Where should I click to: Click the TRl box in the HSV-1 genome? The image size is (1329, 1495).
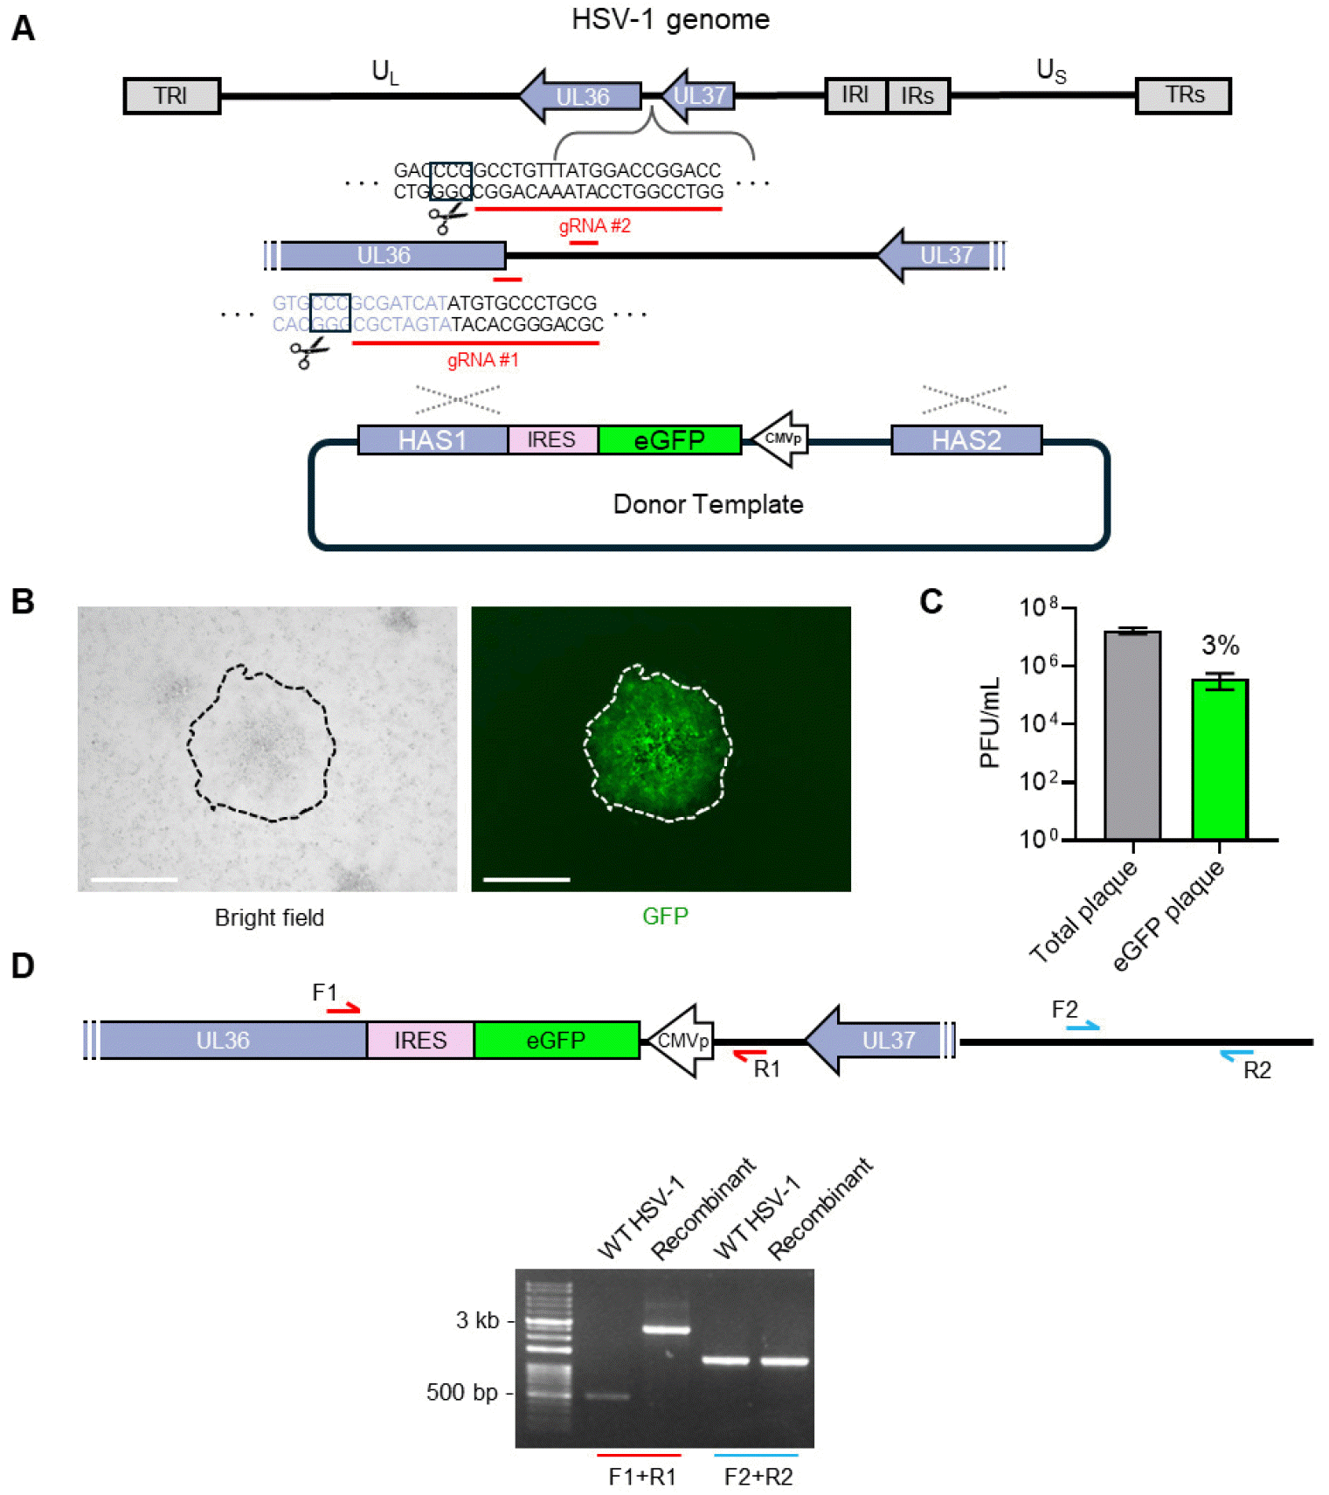coord(171,95)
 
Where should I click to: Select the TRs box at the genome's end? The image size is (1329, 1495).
coord(1183,95)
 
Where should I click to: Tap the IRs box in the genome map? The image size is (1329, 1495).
coord(917,95)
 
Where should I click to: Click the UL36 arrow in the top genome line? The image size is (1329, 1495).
coord(580,96)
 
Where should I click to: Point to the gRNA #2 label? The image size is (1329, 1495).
coord(594,226)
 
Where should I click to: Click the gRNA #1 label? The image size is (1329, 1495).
coord(482,360)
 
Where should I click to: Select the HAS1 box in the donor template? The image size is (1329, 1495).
coord(433,440)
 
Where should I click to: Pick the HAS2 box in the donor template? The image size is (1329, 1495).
coord(966,440)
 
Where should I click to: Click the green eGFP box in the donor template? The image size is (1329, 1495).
coord(669,440)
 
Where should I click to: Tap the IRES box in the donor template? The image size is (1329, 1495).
coord(552,440)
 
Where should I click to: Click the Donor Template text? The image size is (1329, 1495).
coord(708,504)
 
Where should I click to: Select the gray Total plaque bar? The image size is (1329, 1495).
coord(1132,735)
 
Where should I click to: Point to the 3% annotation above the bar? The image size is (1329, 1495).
coord(1220,646)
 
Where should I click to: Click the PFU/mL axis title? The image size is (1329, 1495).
coord(990,723)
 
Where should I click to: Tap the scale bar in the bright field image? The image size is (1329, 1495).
coord(134,879)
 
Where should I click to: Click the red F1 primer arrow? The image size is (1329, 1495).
coord(343,1010)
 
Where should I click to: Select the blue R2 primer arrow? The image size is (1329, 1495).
coord(1236,1055)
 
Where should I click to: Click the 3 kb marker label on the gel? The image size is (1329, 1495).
coord(477,1320)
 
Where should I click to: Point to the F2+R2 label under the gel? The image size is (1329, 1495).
coord(758,1477)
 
